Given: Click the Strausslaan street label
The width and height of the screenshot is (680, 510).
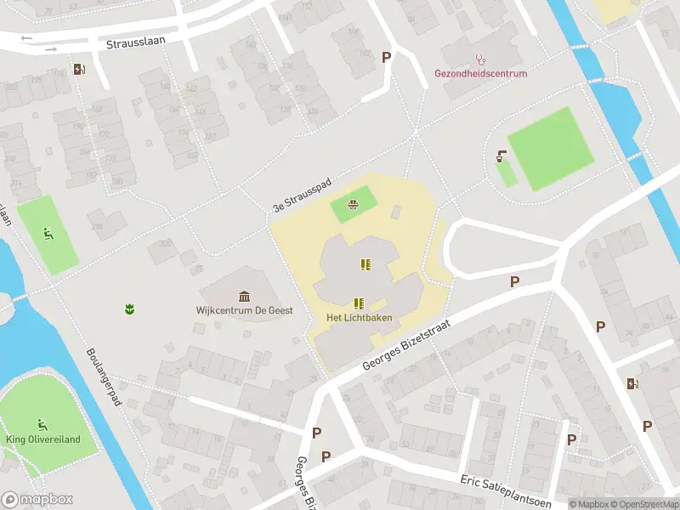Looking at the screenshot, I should pos(136,41).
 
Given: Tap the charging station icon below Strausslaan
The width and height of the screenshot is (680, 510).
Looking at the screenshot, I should pos(79,70).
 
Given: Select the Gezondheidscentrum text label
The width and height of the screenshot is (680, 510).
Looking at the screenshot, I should pos(481,74).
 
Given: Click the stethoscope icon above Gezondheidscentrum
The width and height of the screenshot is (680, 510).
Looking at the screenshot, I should pos(481,59).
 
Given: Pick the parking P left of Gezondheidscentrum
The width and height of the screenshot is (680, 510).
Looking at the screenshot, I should pos(387,57).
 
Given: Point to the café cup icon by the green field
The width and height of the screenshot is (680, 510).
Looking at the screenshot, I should pos(502,156).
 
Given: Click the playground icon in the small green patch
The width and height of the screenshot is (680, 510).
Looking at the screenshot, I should pos(353,203).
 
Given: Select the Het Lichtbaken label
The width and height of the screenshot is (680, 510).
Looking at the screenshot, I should pos(359,318).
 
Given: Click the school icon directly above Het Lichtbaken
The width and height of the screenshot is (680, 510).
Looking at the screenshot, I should pos(359,303).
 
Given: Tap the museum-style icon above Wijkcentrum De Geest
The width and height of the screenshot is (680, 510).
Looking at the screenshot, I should pos(245,296).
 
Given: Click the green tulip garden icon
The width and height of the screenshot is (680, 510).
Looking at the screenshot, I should pos(129,308).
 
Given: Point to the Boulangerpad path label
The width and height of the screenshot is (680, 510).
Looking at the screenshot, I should pos(105,375).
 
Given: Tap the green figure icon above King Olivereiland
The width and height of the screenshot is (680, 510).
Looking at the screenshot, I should pos(41,424).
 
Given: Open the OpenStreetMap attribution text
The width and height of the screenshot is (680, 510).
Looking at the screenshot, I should pos(643,504).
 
